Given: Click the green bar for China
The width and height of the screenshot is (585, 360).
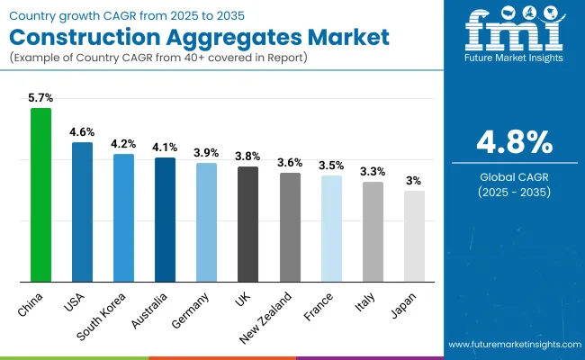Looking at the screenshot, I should coord(41,194).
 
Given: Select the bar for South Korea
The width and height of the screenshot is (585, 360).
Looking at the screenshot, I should coord(123,217).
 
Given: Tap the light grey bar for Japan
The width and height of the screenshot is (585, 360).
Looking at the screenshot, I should coord(414,236).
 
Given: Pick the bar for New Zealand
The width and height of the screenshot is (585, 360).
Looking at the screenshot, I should coord(290,227).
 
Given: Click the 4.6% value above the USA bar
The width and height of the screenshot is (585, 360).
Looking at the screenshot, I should coord(83,131).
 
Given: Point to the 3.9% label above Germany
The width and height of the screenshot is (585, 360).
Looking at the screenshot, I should coord(206,152).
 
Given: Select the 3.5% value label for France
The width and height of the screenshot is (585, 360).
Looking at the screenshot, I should coord(331,165).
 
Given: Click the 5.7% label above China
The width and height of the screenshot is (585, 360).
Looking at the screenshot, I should coord(41,98).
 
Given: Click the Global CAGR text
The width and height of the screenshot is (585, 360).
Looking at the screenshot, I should coord(515,177).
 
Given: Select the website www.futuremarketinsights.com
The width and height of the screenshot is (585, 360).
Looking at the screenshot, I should coord(513,345).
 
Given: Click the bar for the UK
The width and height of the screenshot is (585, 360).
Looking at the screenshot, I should coord(247,224).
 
